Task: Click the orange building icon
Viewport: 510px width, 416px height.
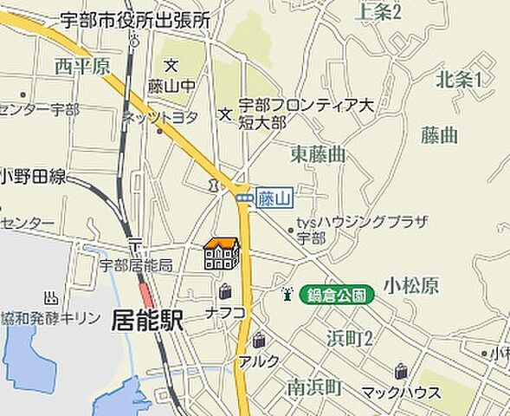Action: [221, 253]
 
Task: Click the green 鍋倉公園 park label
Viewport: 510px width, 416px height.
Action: [337, 295]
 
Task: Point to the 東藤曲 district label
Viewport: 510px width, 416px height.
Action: [318, 154]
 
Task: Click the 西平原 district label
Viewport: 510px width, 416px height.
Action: [82, 66]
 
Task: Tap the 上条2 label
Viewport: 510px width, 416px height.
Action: [378, 11]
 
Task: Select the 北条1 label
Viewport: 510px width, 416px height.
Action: [459, 80]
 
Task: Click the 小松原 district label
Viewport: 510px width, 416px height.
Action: [411, 285]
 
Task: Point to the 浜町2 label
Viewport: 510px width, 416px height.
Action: [350, 338]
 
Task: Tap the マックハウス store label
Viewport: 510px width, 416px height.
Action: [401, 393]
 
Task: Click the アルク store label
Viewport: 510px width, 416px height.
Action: [260, 361]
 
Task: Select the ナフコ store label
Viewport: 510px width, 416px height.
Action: [226, 312]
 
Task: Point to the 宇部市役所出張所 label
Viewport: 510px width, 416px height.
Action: [136, 20]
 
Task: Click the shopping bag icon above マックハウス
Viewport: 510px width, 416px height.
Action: [401, 372]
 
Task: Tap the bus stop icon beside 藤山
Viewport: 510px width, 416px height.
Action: [245, 198]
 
